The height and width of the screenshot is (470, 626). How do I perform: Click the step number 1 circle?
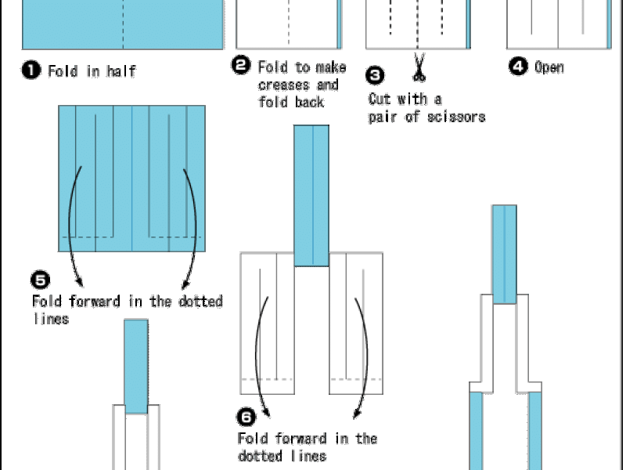click(x=31, y=70)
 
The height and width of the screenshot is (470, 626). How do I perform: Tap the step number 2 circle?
click(x=241, y=65)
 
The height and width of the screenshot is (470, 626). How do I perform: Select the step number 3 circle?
click(x=375, y=75)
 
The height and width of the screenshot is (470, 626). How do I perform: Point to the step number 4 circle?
click(x=518, y=66)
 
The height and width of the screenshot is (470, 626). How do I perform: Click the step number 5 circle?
click(x=41, y=280)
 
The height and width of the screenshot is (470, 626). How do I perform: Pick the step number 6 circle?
click(x=246, y=418)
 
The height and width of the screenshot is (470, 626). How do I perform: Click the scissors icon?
click(x=419, y=67)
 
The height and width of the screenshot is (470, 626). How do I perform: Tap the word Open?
click(x=549, y=67)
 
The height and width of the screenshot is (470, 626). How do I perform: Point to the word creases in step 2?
click(x=284, y=85)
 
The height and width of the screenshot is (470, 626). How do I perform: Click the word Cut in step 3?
click(x=378, y=99)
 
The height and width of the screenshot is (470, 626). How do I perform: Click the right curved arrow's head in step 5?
click(x=185, y=284)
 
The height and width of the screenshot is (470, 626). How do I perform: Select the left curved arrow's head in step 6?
click(x=266, y=413)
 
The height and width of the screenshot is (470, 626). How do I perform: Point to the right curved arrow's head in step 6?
click(x=357, y=414)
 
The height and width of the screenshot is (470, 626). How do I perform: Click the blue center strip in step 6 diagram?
click(x=311, y=196)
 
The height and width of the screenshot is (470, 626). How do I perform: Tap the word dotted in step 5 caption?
click(x=200, y=301)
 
